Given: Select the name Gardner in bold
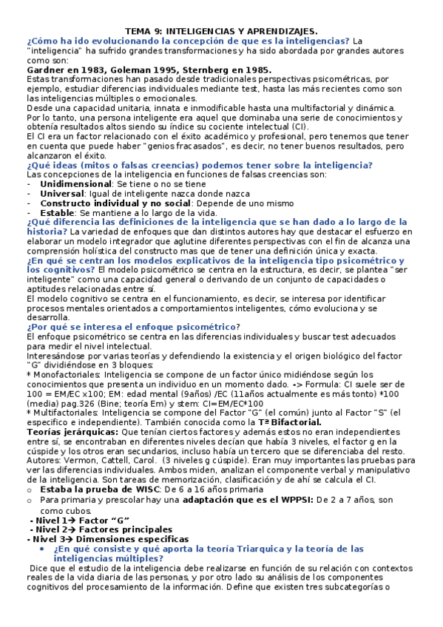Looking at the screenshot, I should [x=48, y=69].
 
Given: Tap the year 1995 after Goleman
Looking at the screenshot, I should [x=158, y=69].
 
